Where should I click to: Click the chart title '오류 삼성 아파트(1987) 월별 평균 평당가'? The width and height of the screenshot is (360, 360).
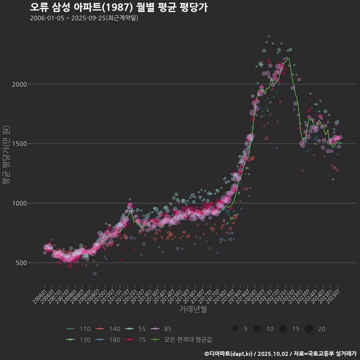point(118,7)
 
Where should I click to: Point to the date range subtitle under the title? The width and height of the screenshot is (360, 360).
point(84,18)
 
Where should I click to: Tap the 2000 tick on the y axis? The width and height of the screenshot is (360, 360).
point(19,84)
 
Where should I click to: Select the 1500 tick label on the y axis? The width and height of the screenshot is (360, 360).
point(19,144)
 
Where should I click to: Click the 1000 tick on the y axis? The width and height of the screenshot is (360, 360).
point(19,203)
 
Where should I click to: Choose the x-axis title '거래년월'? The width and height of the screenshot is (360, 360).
point(193,309)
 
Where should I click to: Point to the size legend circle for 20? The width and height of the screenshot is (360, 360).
point(309,329)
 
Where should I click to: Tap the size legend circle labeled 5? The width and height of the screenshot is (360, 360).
point(235,329)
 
